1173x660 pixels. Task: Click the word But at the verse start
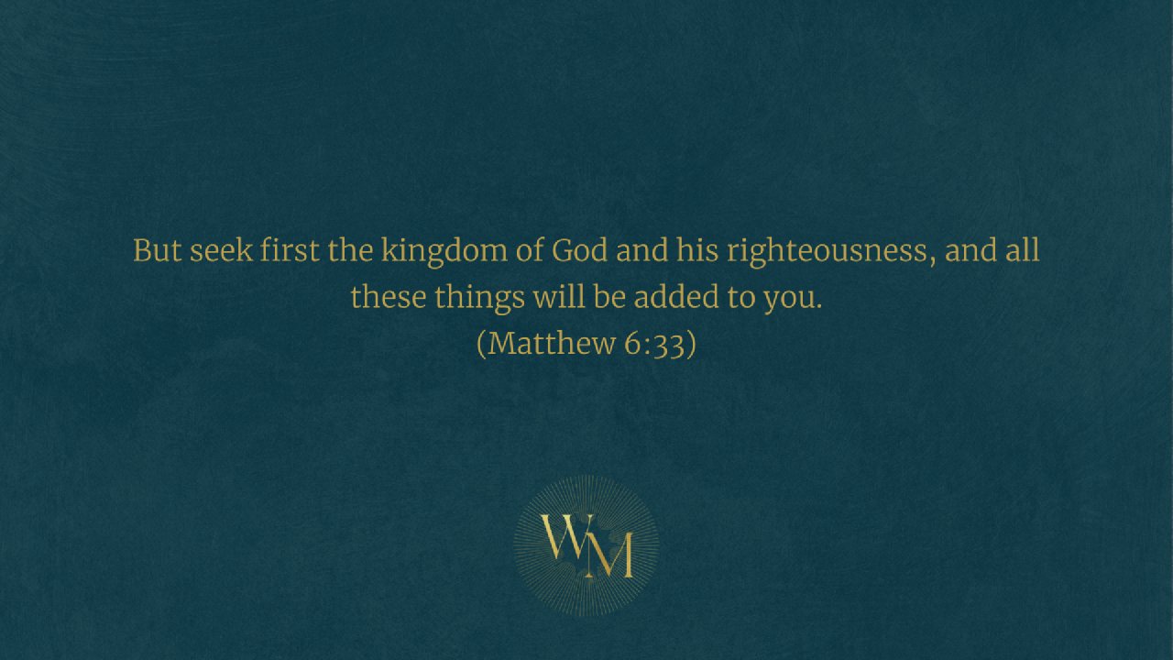pyautogui.click(x=157, y=250)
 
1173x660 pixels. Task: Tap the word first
pyautogui.click(x=290, y=250)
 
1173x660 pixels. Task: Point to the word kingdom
pyautogui.click(x=444, y=252)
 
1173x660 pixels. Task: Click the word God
pyautogui.click(x=580, y=250)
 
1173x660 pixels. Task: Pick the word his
pyautogui.click(x=697, y=250)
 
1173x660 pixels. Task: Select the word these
pyautogui.click(x=388, y=296)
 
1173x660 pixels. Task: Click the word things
pyautogui.click(x=479, y=299)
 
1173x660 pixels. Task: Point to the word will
pyautogui.click(x=559, y=296)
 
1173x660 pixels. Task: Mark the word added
pyautogui.click(x=676, y=296)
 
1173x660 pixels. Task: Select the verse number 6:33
pyautogui.click(x=654, y=344)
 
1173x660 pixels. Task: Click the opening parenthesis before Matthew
pyautogui.click(x=481, y=344)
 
